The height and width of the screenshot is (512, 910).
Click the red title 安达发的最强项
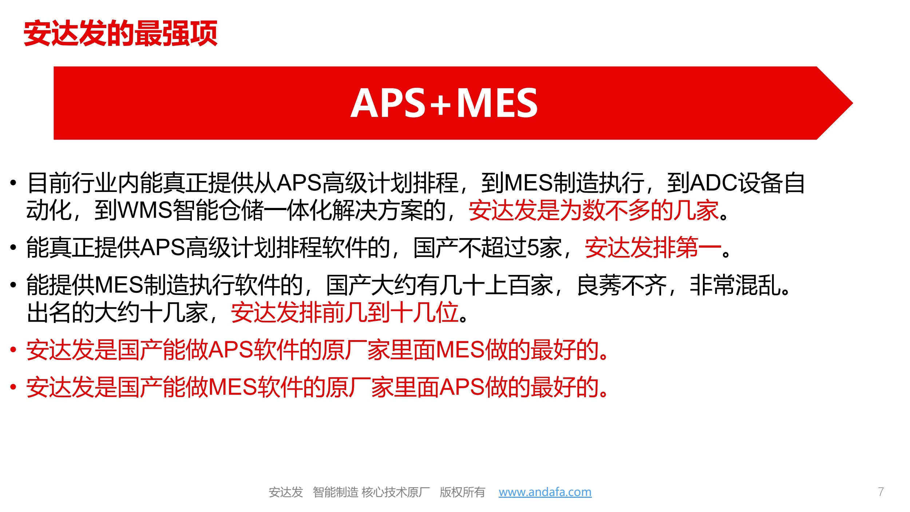120,33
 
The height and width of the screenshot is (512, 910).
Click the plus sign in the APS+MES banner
440,104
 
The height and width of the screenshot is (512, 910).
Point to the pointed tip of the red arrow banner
853,103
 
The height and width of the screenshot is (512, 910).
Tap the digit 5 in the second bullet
533,248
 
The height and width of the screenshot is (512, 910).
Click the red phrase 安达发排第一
653,248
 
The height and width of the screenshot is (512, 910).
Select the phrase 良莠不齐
622,285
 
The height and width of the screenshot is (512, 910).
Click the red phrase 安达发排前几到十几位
344,312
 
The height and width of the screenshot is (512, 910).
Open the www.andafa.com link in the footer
545,492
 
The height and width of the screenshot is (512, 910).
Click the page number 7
881,492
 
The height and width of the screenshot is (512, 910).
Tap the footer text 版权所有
462,492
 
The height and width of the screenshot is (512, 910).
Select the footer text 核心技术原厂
396,492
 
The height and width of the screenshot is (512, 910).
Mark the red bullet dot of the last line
13,387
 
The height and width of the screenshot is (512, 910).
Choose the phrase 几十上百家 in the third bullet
496,285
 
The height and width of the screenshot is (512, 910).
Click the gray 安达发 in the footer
286,492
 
